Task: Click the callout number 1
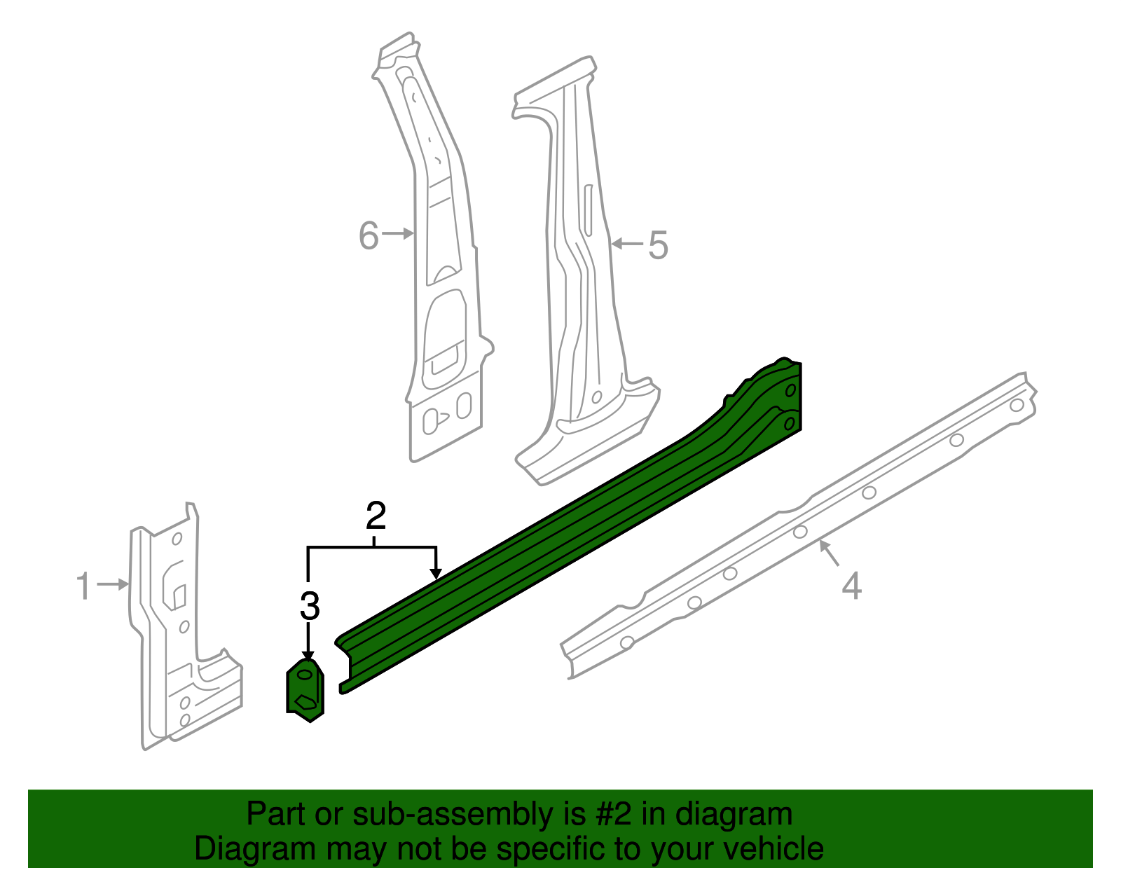click(83, 586)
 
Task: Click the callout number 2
click(376, 516)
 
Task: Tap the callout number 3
click(309, 606)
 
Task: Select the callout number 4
click(851, 586)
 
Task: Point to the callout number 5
click(658, 245)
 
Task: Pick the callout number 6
click(369, 235)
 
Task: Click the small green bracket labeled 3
click(306, 690)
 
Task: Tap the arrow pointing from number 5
click(627, 244)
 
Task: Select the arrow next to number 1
click(113, 584)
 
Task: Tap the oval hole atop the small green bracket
click(306, 674)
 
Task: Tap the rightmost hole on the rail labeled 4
click(1017, 405)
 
